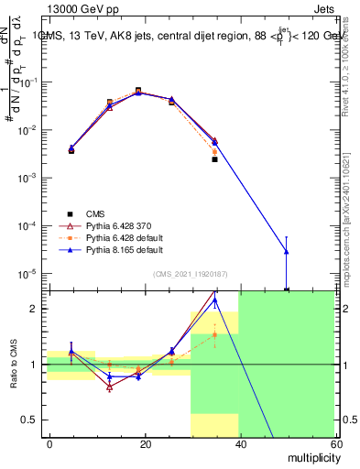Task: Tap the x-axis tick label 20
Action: click(x=145, y=442)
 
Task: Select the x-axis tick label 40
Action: click(x=240, y=442)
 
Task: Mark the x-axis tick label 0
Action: click(x=50, y=442)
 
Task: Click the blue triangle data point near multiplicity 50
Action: click(x=287, y=251)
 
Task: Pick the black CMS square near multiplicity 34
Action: click(x=214, y=159)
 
